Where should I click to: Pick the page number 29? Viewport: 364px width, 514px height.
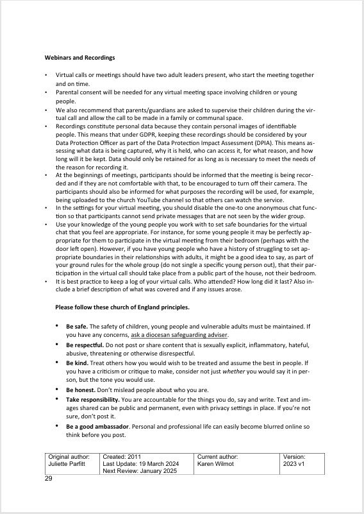49,479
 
